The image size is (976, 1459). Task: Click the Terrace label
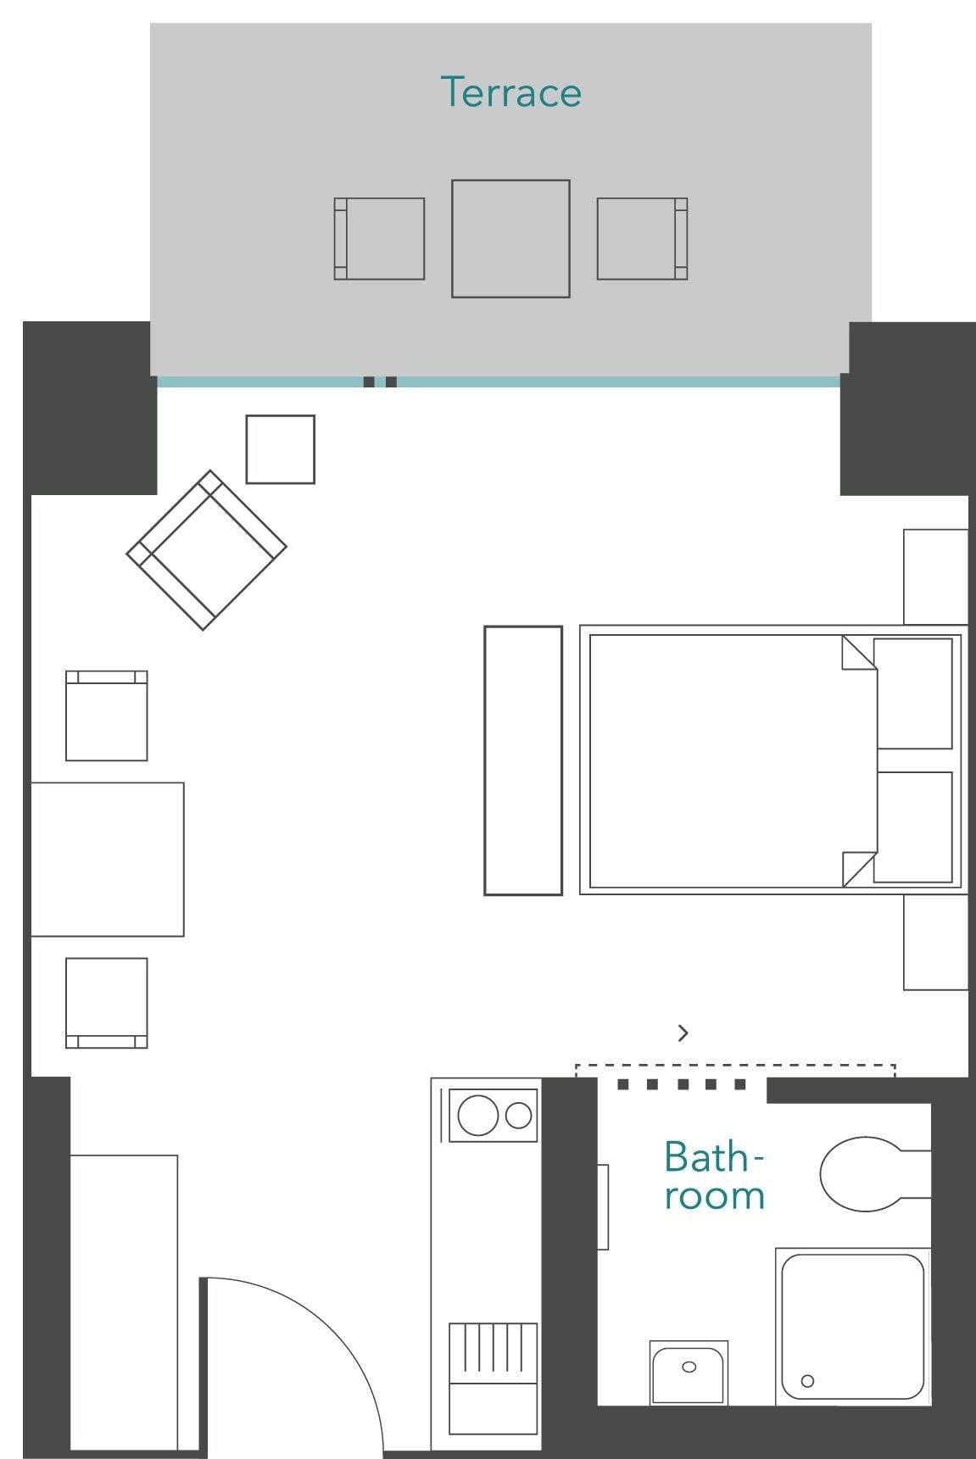click(x=510, y=92)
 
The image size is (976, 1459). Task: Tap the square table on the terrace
click(x=510, y=238)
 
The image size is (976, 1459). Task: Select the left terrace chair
click(x=379, y=238)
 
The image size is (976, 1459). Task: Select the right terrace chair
click(x=641, y=238)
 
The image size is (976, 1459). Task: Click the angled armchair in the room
click(x=206, y=549)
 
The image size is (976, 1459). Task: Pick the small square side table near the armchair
click(x=280, y=448)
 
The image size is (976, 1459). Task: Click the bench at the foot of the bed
click(x=522, y=760)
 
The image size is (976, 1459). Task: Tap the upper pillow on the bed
click(x=912, y=693)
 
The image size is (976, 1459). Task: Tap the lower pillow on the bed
click(x=912, y=827)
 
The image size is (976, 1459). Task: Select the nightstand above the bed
click(x=934, y=576)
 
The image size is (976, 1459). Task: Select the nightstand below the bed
click(x=934, y=942)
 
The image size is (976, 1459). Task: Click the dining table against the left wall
click(x=107, y=859)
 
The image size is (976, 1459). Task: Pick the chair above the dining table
click(x=106, y=716)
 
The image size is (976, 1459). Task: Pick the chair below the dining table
click(x=106, y=1002)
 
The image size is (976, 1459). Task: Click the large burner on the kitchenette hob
click(x=477, y=1115)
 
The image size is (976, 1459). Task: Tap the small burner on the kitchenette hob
click(x=518, y=1115)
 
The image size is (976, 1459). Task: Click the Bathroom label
click(x=714, y=1175)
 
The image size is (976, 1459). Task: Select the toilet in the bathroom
click(x=861, y=1174)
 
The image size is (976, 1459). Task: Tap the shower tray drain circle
click(x=807, y=1380)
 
